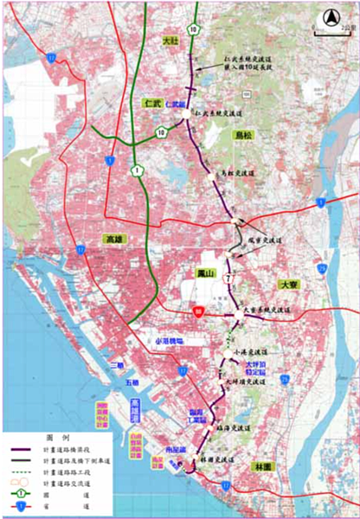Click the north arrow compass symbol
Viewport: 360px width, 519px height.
coord(329,17)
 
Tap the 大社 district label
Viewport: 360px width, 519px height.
coord(170,41)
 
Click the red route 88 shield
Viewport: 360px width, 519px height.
coord(199,312)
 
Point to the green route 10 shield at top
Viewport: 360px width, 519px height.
coord(195,30)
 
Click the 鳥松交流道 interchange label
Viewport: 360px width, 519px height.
coord(235,173)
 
